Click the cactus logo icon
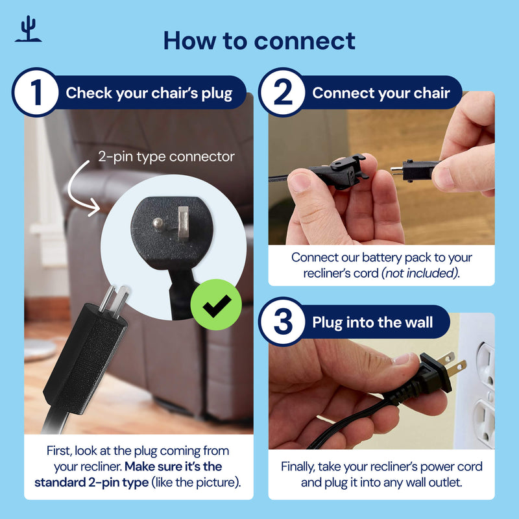click(x=28, y=29)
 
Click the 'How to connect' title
click(x=259, y=40)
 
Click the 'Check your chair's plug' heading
click(x=149, y=93)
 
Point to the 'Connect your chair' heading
click(x=381, y=93)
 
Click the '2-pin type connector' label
click(x=166, y=156)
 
